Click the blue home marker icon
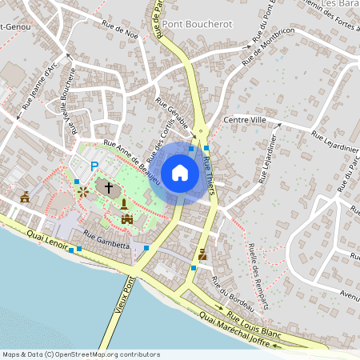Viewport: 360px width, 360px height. [180, 172]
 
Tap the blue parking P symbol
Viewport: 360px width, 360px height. [94, 166]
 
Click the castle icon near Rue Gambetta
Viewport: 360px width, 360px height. [126, 218]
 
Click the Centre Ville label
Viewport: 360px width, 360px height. [249, 120]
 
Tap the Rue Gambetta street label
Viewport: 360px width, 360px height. [106, 246]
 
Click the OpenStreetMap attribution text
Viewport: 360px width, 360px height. [81, 354]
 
